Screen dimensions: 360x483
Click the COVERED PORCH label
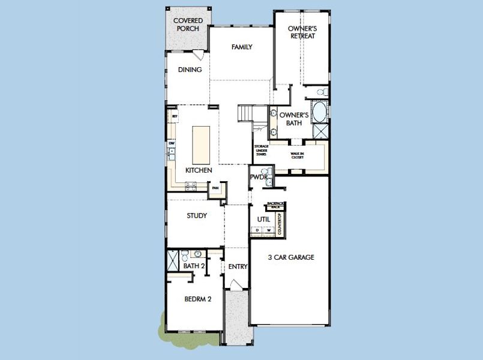tap(187, 25)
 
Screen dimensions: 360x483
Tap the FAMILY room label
tap(241, 47)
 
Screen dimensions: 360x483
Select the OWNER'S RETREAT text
tap(301, 32)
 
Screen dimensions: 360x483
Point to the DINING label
tap(190, 70)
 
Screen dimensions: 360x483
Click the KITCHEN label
tap(198, 171)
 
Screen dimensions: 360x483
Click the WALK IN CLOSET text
tap(298, 155)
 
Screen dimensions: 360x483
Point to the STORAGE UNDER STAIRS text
tap(261, 150)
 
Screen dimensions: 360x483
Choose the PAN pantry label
tap(215, 190)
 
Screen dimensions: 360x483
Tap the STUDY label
tap(196, 216)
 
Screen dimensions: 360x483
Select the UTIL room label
tap(262, 220)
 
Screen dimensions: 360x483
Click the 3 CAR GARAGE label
tap(291, 257)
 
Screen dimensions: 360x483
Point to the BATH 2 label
tap(194, 266)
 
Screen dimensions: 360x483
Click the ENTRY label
tap(238, 267)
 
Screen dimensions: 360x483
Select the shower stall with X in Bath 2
tap(172, 262)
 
